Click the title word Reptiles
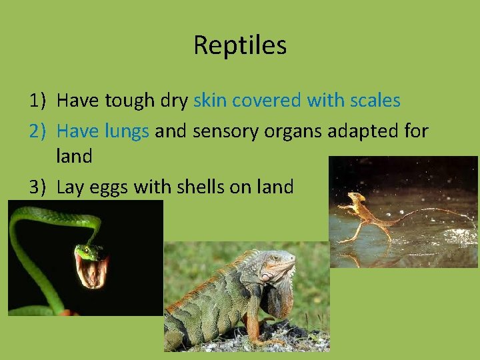point(240,45)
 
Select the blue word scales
point(375,101)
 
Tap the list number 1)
point(37,101)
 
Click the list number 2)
point(37,131)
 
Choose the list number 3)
point(37,187)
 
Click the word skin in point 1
point(209,101)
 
